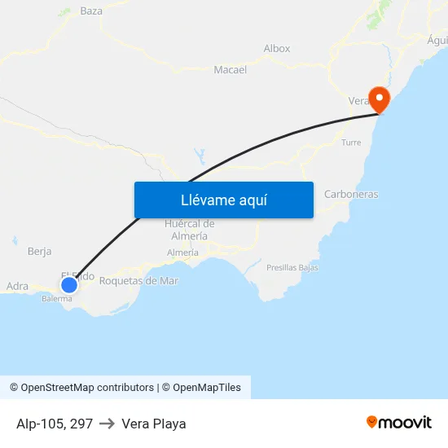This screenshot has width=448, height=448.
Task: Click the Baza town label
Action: click(x=91, y=11)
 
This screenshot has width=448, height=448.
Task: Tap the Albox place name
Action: click(x=277, y=49)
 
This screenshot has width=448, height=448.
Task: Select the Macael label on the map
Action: click(x=230, y=70)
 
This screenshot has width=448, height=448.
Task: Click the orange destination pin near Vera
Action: click(x=379, y=99)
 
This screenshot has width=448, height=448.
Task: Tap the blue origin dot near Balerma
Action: click(x=69, y=284)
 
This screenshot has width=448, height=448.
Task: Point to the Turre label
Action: click(x=351, y=143)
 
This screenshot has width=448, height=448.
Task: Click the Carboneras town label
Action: click(x=351, y=195)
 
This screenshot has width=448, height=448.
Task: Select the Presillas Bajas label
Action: click(x=292, y=267)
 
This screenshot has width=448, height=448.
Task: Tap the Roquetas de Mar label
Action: click(x=138, y=281)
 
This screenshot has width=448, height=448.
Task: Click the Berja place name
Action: click(x=39, y=252)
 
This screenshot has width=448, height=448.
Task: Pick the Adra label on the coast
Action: click(x=17, y=287)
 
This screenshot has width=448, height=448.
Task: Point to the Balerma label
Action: click(x=57, y=299)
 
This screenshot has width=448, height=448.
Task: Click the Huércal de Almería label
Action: click(x=189, y=230)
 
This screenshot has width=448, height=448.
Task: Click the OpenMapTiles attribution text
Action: click(x=204, y=388)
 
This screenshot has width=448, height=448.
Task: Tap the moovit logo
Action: click(x=399, y=422)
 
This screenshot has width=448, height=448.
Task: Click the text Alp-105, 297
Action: click(x=55, y=424)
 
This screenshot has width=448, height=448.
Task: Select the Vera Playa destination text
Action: click(x=154, y=424)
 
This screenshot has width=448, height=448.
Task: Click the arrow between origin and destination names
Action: click(x=107, y=424)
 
